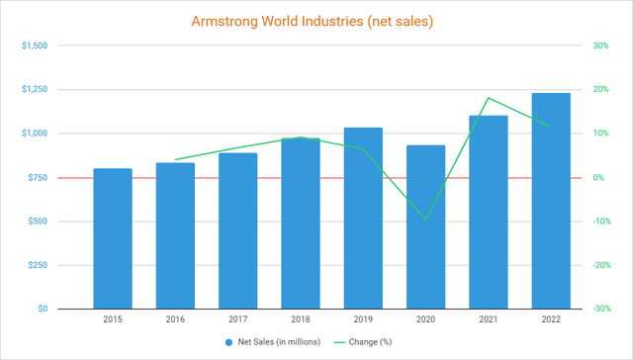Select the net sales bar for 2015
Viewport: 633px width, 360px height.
(112, 238)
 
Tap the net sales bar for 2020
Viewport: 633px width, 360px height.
(425, 227)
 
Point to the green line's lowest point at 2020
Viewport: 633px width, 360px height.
(425, 220)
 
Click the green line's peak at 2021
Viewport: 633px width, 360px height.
(489, 98)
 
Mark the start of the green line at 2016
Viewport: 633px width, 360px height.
(175, 159)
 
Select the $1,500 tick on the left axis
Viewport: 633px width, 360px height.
(33, 45)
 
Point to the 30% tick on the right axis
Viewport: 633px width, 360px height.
(599, 45)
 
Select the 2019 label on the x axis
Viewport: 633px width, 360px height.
(363, 319)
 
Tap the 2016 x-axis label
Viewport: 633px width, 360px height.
(175, 319)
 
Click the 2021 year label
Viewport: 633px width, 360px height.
(489, 319)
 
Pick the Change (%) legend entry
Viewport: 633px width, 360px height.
(377, 342)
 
